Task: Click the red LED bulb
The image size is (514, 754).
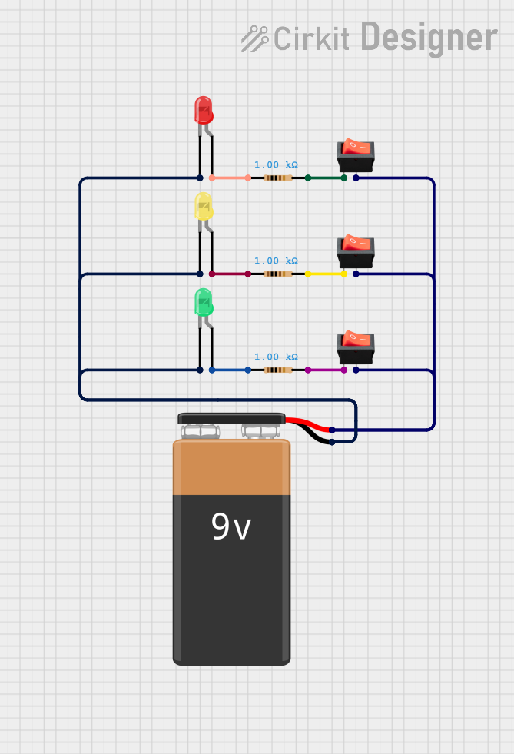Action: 203,110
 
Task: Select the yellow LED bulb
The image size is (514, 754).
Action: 203,206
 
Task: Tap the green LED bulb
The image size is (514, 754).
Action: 203,302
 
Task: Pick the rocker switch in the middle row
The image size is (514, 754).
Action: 356,251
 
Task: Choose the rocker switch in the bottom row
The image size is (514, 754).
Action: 356,347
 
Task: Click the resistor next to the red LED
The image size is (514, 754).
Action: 277,178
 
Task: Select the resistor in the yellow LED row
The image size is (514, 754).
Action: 277,274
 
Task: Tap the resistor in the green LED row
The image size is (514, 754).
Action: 277,370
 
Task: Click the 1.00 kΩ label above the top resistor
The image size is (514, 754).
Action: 276,164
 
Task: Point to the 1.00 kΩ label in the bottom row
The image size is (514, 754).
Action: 276,357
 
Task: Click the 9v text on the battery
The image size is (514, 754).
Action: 231,528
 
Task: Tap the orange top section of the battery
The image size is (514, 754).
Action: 231,467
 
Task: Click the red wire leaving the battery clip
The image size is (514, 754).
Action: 309,423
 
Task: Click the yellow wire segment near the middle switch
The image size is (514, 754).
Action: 326,274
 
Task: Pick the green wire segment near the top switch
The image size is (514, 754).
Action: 326,178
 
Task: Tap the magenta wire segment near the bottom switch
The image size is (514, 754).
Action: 326,370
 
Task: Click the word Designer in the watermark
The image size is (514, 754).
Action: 429,37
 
